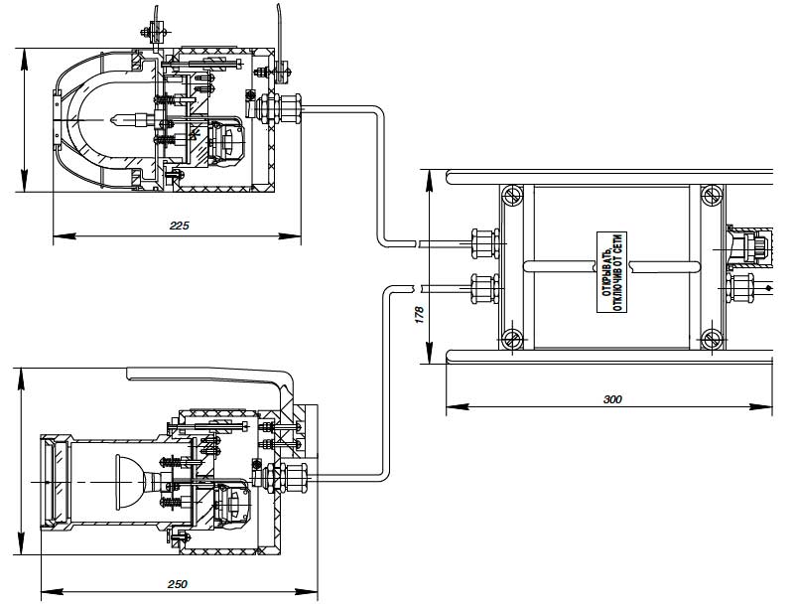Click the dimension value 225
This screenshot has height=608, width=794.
[x=179, y=227]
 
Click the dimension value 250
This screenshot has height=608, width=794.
[x=178, y=583]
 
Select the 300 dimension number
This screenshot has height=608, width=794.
[x=612, y=398]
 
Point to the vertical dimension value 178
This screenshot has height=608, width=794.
[x=421, y=317]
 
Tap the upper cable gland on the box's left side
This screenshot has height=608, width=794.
[x=484, y=241]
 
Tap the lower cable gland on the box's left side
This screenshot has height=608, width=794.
[x=484, y=289]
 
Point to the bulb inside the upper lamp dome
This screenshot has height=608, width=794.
[x=127, y=120]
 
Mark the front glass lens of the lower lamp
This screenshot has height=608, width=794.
[x=53, y=481]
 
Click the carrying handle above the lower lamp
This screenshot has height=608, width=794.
[x=208, y=376]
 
